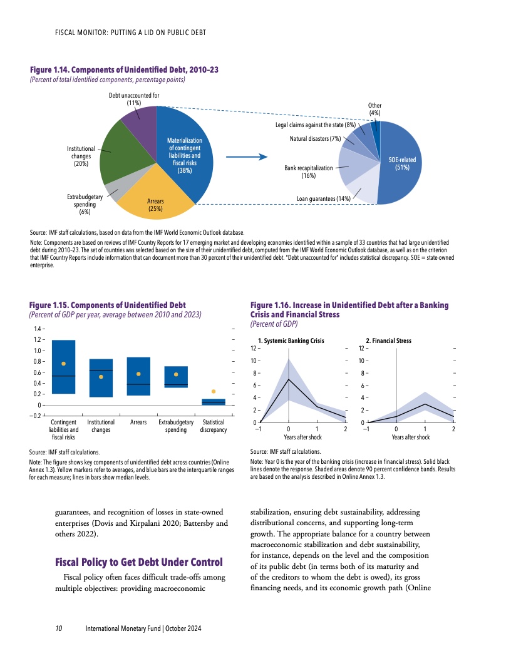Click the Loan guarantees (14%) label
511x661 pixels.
click(x=326, y=199)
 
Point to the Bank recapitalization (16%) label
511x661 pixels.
click(x=308, y=172)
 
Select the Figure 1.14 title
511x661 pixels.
click(x=123, y=69)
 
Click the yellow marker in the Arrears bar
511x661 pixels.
click(x=138, y=374)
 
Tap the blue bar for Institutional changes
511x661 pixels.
click(x=101, y=378)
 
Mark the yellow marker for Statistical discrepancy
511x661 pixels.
click(x=214, y=391)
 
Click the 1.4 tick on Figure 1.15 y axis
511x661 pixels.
click(x=38, y=329)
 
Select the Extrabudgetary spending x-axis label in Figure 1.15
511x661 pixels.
click(x=176, y=426)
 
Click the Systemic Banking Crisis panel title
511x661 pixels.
click(x=291, y=341)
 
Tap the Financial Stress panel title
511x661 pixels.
click(x=388, y=341)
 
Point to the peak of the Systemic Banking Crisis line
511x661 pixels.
click(x=288, y=379)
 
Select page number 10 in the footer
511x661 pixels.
click(x=58, y=628)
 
